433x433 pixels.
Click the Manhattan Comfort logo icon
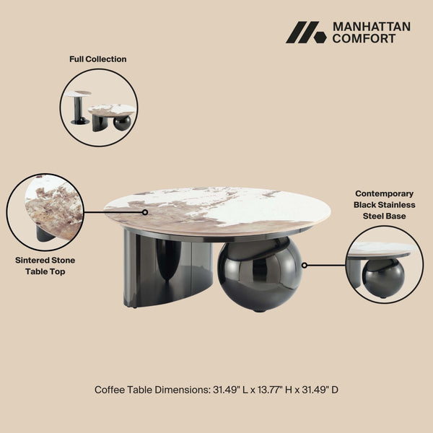pyautogui.click(x=306, y=32)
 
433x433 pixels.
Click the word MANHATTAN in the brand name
pyautogui.click(x=371, y=26)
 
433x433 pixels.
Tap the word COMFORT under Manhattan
pyautogui.click(x=364, y=39)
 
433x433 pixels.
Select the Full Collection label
pyautogui.click(x=98, y=59)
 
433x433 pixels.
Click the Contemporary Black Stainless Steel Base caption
pyautogui.click(x=384, y=204)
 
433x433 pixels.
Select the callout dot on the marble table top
pyautogui.click(x=145, y=213)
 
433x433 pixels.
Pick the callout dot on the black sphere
pyautogui.click(x=305, y=265)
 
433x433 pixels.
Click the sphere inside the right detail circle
pyautogui.click(x=382, y=278)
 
